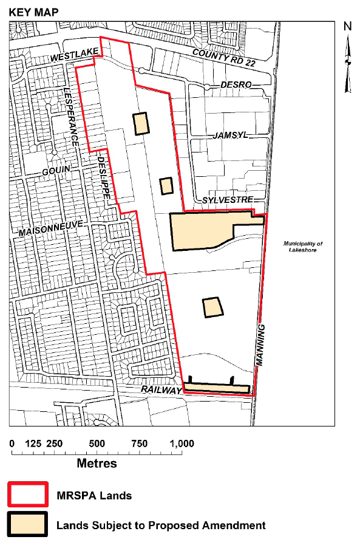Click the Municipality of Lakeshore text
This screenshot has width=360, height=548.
click(x=303, y=247)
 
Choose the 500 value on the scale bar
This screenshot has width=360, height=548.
click(x=97, y=443)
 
